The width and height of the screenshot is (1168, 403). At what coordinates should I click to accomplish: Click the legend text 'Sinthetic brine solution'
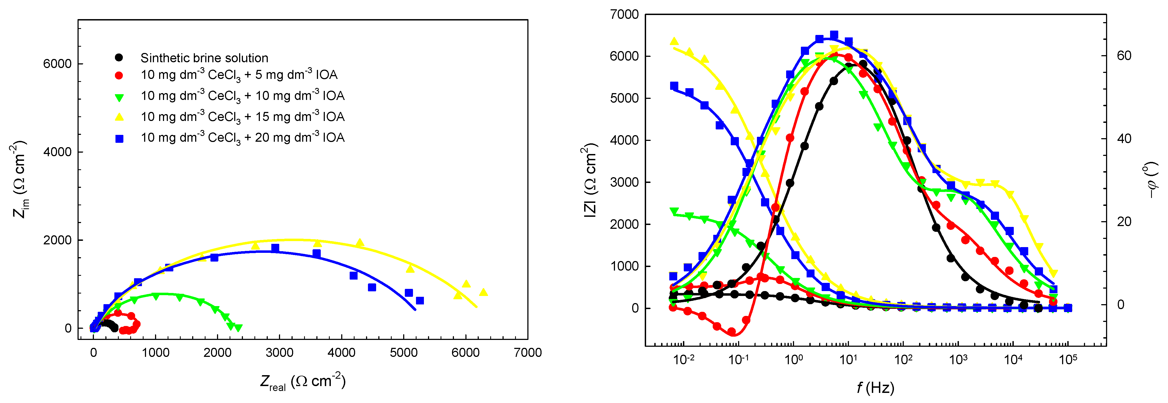pos(204,58)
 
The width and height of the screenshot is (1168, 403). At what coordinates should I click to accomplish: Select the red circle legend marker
pos(119,75)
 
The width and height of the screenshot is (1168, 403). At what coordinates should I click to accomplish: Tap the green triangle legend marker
pos(119,97)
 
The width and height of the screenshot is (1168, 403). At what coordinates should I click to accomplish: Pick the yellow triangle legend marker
pos(119,117)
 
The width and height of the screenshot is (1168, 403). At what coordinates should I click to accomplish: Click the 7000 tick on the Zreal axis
pos(527,353)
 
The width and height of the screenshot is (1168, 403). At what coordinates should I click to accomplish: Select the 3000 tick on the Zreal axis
pos(279,353)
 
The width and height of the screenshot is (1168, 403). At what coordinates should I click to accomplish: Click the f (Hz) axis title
pos(875,388)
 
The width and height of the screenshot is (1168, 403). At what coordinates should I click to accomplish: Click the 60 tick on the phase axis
pos(1124,56)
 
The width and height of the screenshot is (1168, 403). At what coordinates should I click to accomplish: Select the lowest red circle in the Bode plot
pos(731,332)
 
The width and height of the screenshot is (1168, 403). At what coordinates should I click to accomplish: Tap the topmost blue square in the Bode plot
pos(834,35)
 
